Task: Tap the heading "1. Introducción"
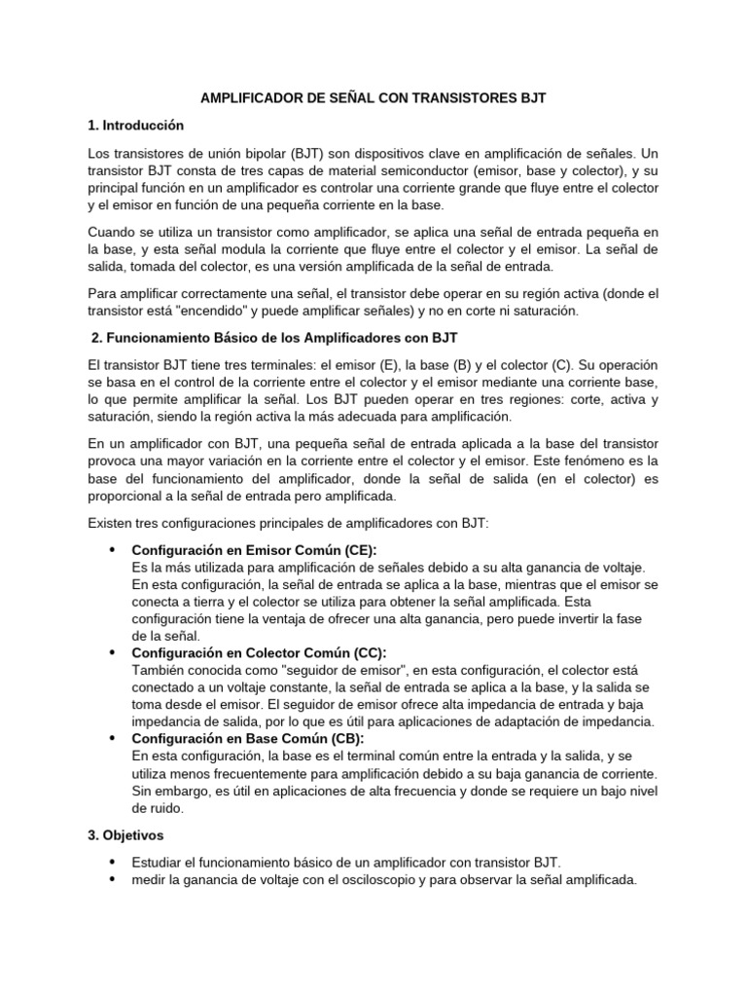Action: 135,126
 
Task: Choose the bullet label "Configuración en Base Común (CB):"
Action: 248,739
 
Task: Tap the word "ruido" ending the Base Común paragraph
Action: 151,808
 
